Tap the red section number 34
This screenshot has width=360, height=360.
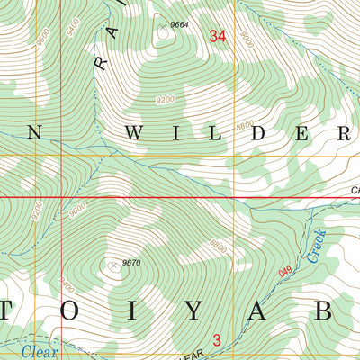[x=217, y=36]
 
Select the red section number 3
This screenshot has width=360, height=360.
[x=217, y=339]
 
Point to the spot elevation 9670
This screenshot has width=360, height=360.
[x=130, y=262]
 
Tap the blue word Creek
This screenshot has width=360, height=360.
[x=316, y=246]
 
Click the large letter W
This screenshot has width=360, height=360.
[x=133, y=134]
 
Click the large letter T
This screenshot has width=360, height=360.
[x=13, y=310]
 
